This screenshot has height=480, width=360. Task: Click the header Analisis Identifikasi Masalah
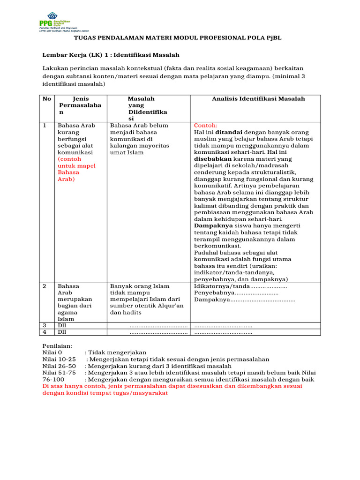coord(258,99)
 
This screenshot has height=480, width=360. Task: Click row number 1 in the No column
coord(45,126)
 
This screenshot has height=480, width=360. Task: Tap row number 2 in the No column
coord(45,286)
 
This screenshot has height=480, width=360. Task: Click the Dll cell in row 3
coord(62,325)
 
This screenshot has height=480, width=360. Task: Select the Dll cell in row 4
coord(62,332)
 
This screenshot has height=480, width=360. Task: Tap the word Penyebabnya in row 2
coord(214,292)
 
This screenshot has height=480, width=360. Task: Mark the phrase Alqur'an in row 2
coord(171,306)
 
